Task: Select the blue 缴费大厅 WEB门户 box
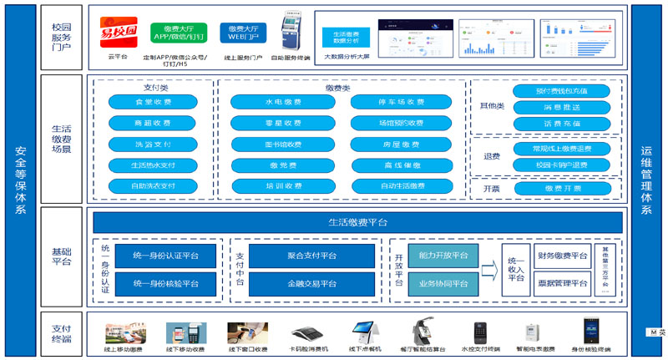pos(243,32)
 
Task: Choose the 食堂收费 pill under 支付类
pos(153,102)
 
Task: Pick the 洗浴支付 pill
pos(153,144)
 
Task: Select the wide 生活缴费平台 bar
pos(357,222)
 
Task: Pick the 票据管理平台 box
pos(563,283)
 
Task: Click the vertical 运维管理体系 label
pos(645,180)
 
